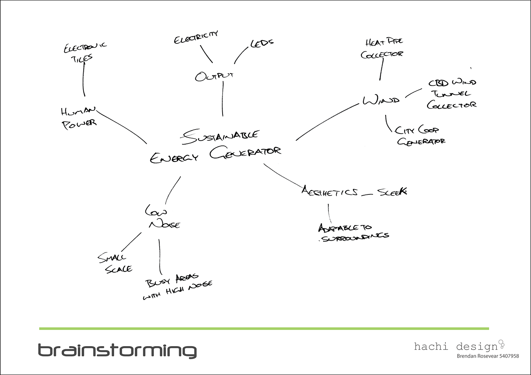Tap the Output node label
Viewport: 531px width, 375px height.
pos(214,76)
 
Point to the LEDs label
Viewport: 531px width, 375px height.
pos(262,43)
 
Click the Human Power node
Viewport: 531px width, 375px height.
pos(79,117)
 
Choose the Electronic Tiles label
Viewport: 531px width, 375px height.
pos(85,52)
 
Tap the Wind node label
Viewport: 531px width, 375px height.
pos(381,100)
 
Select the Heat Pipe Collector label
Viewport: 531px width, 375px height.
pos(383,48)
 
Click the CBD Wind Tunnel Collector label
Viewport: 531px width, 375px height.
pos(452,94)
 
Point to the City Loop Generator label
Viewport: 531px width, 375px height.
pos(420,135)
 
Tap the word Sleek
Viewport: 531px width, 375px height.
pos(392,191)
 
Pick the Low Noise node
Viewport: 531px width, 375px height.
pos(162,218)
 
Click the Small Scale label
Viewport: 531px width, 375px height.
pos(115,264)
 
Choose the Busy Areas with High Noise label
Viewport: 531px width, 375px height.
pos(177,287)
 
